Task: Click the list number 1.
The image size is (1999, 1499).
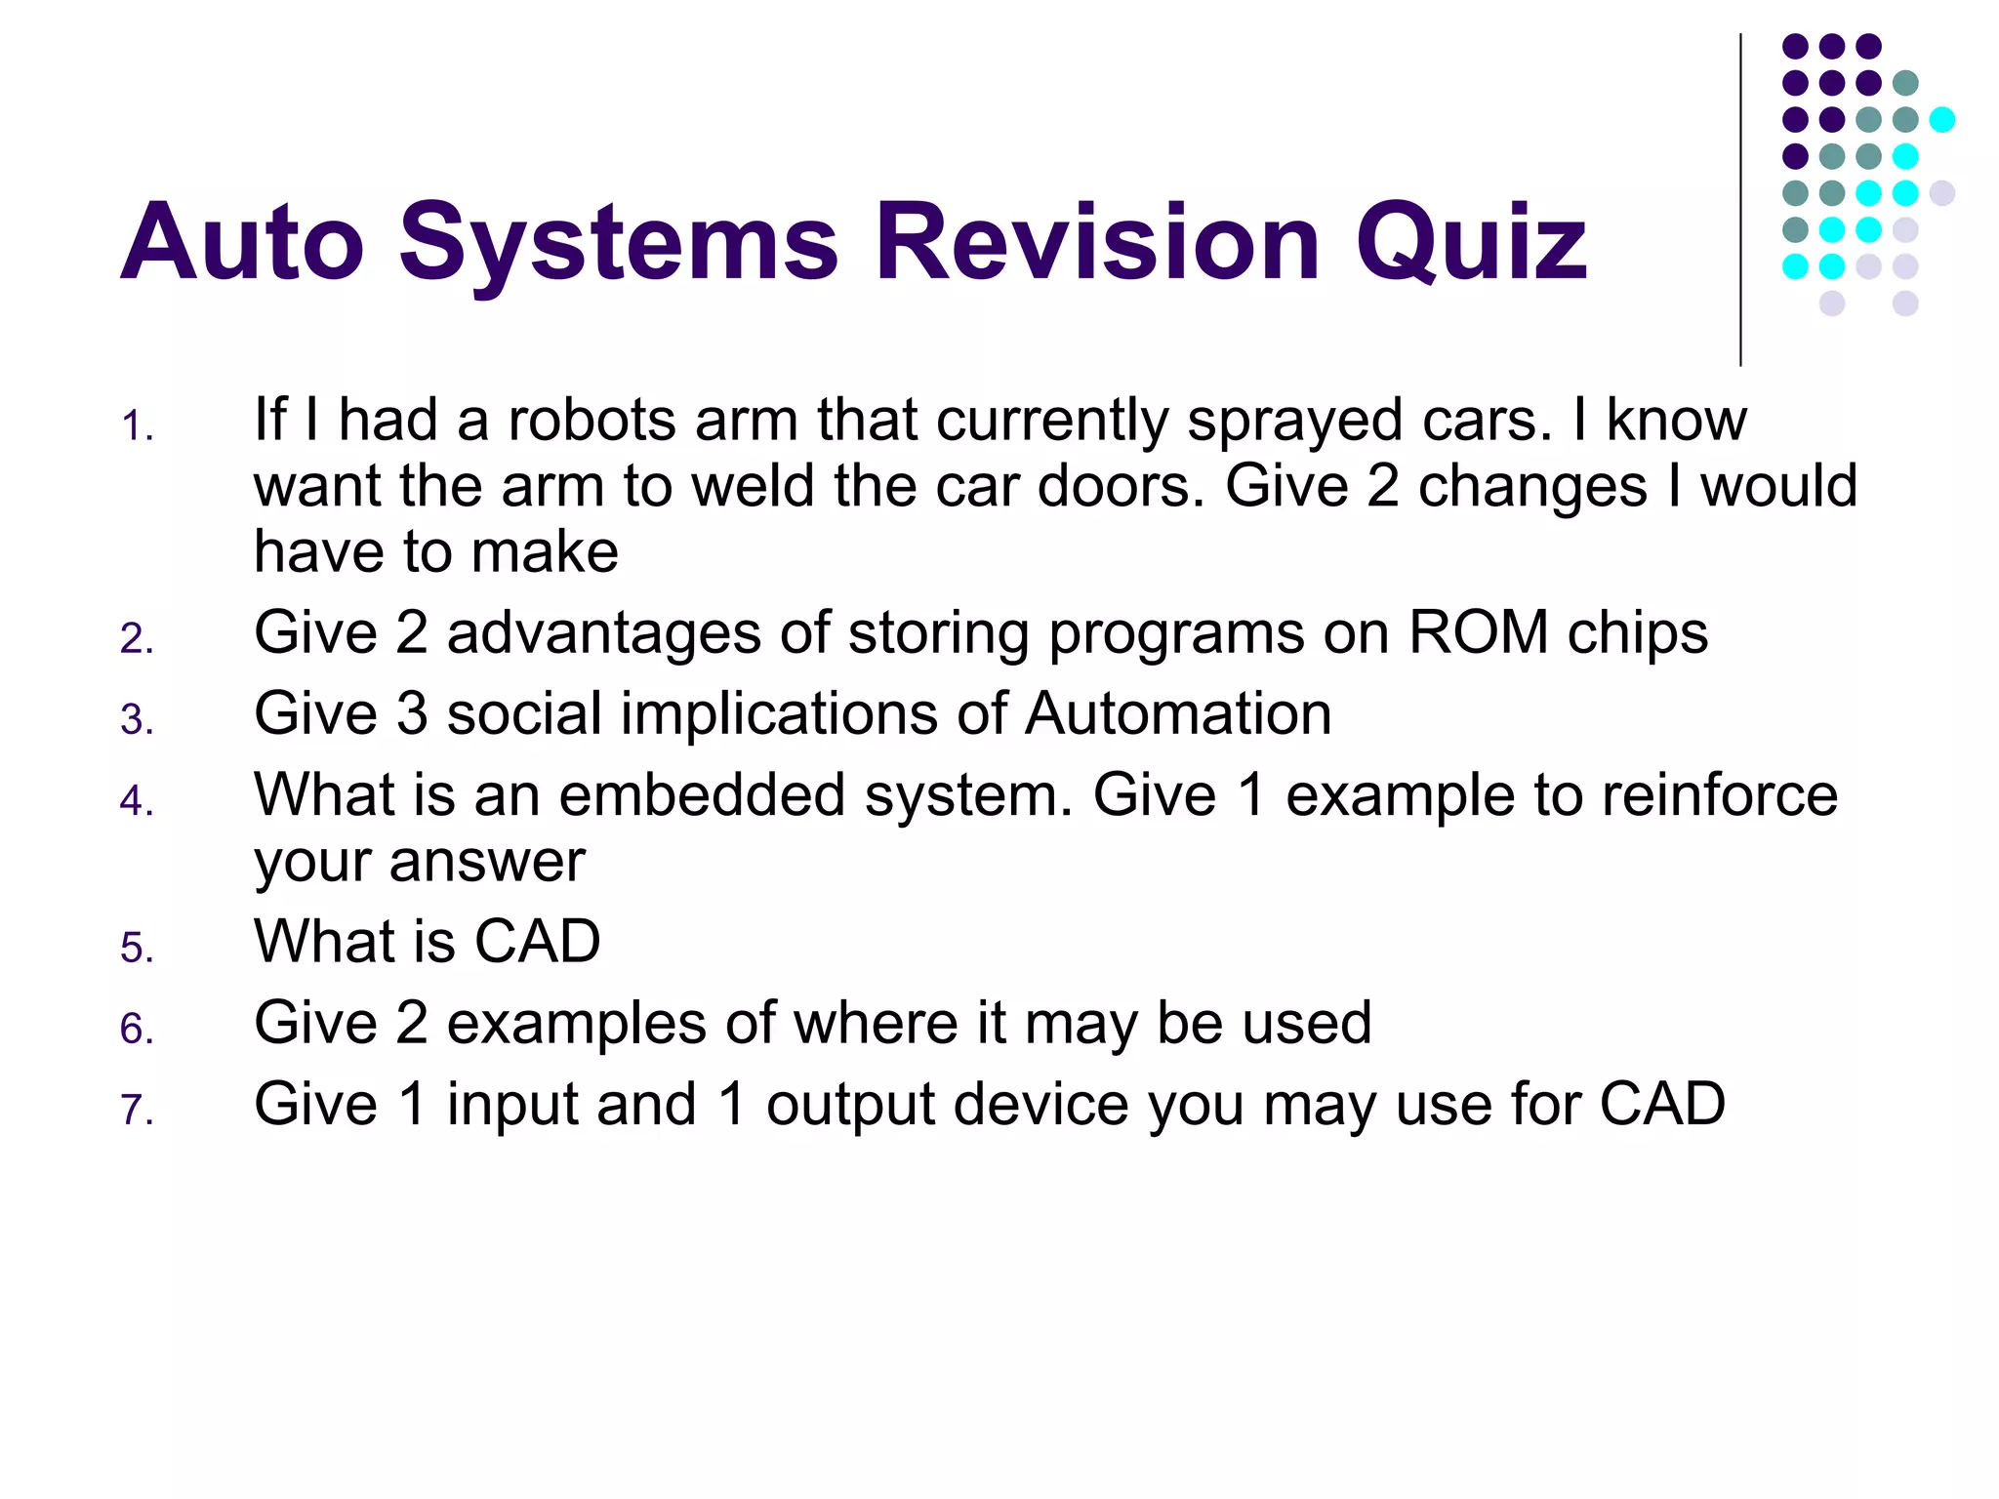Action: coord(137,427)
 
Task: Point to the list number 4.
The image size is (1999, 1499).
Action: coord(137,801)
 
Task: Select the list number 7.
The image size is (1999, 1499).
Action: coord(137,1111)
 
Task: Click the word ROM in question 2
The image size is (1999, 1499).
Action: coord(1478,632)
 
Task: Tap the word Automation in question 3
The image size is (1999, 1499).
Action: coord(1178,713)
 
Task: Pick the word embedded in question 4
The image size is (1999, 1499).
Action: coord(702,794)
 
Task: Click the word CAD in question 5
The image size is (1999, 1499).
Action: coord(537,942)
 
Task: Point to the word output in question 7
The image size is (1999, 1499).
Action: coord(849,1106)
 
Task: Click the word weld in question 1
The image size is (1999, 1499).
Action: coord(761,486)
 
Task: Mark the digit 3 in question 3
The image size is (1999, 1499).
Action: coord(412,713)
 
